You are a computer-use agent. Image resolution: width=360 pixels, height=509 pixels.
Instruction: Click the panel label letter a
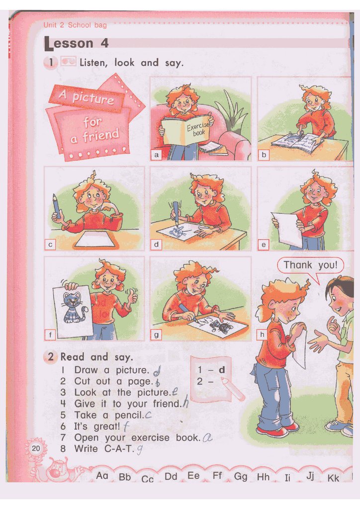point(157,155)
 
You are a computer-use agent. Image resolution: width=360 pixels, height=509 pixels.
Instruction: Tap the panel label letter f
point(50,335)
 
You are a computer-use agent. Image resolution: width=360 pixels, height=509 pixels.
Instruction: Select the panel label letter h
point(262,335)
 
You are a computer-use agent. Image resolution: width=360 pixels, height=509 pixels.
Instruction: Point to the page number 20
point(36,448)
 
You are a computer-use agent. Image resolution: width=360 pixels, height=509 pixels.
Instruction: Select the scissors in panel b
point(301,135)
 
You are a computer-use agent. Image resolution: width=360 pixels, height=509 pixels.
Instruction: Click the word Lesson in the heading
point(69,44)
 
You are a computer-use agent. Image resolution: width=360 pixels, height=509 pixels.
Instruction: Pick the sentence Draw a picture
point(112,370)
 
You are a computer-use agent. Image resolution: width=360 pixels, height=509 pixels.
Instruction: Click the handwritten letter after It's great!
point(126,426)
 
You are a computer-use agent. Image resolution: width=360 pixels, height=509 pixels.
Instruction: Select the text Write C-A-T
point(104,449)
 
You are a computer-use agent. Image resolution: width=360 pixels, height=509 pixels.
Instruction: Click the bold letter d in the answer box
point(222,369)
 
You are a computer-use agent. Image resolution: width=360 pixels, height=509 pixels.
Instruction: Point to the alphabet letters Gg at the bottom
point(241,477)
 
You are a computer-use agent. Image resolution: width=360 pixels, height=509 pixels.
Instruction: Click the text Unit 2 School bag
point(75,25)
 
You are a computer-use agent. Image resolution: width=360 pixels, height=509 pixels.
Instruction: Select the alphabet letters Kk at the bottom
point(333,478)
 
